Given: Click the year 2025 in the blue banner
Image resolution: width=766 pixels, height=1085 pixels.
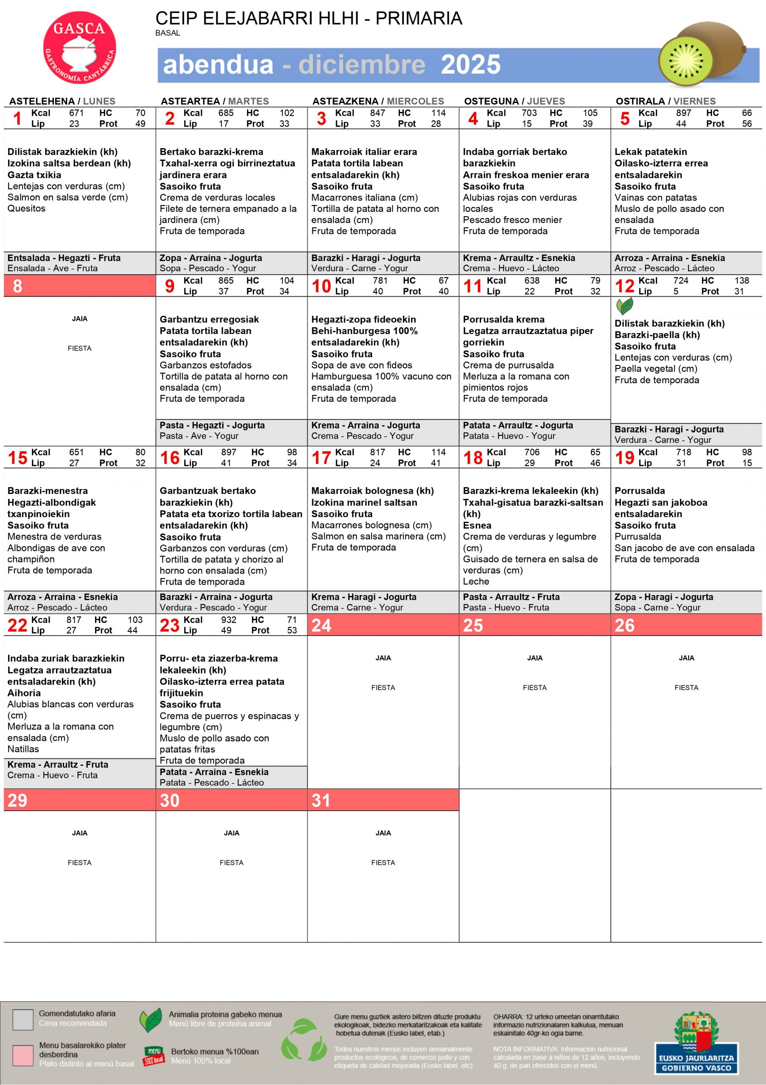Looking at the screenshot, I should coord(470,65).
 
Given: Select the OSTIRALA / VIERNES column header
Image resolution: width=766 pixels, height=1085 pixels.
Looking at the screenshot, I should coord(665,101).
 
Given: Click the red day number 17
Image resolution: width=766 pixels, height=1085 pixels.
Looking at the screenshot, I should coord(321,457).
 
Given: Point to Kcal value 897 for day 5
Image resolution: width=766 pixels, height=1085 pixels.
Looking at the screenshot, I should coord(683,113).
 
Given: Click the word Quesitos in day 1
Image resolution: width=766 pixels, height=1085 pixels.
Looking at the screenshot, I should coord(26,209).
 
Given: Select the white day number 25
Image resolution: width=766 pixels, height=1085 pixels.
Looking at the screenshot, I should coord(473,625).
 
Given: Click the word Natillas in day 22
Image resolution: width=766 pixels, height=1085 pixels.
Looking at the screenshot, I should coord(23,749).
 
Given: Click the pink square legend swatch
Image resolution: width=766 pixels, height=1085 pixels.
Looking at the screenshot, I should coord(23,1055).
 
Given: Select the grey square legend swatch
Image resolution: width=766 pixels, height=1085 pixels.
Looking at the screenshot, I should coord(23,1019).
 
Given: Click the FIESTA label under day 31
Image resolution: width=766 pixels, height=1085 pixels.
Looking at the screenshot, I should coord(383,862).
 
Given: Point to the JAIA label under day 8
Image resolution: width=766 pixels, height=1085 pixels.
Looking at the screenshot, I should coord(79,318).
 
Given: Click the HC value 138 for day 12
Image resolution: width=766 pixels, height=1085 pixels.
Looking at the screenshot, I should coord(741,280).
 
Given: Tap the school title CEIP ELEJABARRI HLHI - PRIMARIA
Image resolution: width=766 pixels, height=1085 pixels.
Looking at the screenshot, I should coord(308,18).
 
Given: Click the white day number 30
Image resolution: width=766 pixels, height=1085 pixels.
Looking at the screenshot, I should coord(169,801).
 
